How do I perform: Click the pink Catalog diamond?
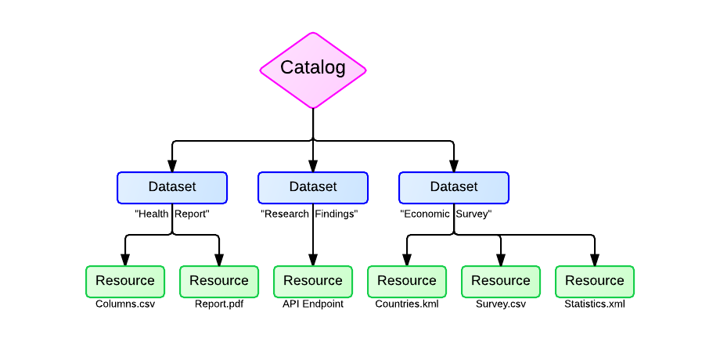coord(313,70)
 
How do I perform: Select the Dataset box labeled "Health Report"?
coord(172,188)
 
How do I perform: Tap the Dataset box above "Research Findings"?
coord(313,188)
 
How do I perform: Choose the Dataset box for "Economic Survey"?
coord(454,188)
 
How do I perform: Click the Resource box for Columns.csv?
coord(125,282)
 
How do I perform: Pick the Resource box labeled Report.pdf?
coord(219,282)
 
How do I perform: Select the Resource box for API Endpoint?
coord(313,282)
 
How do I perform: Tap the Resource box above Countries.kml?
coord(407,282)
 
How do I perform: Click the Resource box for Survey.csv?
coord(501,282)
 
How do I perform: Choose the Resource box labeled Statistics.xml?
coord(595,282)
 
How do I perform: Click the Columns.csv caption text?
coord(125,304)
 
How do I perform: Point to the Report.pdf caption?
coord(219,304)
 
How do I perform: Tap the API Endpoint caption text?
coord(313,304)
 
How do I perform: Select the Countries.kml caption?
coord(407,304)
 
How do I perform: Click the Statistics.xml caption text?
coord(595,304)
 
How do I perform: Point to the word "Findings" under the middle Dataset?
coord(337,214)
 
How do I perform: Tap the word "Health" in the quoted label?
coord(152,214)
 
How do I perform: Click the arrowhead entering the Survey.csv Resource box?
coord(501,261)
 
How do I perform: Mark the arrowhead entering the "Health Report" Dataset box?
coord(172,166)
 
